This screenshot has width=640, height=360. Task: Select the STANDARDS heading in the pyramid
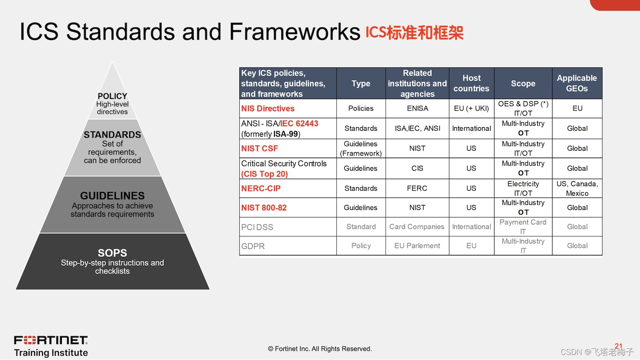(x=112, y=135)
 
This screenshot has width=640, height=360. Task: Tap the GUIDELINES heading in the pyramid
(x=112, y=196)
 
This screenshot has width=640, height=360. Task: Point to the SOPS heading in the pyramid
(x=112, y=253)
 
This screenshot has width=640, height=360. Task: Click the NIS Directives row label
(x=268, y=109)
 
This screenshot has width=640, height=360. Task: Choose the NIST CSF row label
(x=259, y=148)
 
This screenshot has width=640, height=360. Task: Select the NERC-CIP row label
(x=261, y=188)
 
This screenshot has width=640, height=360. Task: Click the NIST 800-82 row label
(x=264, y=208)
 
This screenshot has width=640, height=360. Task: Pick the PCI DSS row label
(x=257, y=227)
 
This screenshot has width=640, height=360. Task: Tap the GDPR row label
(x=253, y=246)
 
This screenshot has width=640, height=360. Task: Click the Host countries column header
(x=471, y=83)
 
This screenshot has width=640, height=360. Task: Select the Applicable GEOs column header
(x=577, y=83)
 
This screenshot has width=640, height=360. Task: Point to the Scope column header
(x=523, y=84)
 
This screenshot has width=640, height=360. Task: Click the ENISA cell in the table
(x=417, y=108)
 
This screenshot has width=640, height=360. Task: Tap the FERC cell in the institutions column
(x=417, y=188)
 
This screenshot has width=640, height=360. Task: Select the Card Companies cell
(x=417, y=227)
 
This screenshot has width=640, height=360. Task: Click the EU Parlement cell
(x=417, y=246)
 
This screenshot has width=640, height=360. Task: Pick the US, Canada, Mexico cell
(x=577, y=188)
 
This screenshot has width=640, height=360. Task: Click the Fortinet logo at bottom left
(x=51, y=340)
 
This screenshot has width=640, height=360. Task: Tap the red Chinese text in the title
(x=414, y=32)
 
